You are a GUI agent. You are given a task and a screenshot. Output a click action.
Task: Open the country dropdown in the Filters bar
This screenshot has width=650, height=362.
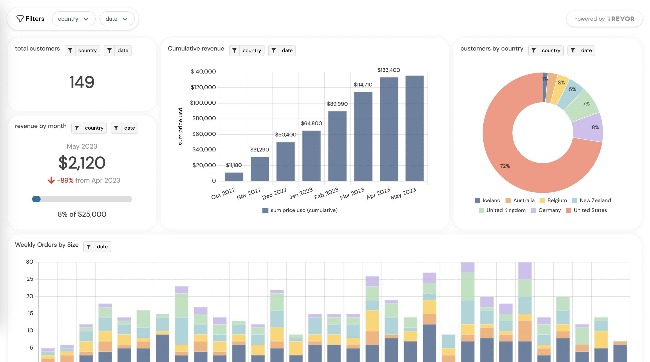pos(73,19)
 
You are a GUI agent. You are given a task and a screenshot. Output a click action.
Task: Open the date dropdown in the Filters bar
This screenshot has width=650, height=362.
pos(117,19)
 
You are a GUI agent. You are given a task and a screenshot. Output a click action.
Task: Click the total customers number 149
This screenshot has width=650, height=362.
pos(82,82)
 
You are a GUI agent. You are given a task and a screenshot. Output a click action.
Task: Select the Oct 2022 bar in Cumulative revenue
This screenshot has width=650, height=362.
pos(234,177)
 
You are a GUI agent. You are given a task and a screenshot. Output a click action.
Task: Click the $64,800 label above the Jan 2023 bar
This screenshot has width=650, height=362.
pos(311,123)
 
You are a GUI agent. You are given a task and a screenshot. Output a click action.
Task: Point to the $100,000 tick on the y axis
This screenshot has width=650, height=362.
pos(203,103)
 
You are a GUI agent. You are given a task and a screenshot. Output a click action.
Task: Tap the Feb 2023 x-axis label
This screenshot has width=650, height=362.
pos(326,193)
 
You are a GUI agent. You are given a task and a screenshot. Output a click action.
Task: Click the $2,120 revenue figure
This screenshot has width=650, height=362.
pos(82,163)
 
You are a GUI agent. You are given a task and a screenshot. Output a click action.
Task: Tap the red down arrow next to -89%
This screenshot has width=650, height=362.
pos(51,180)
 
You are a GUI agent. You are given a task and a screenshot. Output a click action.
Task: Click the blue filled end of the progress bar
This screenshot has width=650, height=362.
pos(36,199)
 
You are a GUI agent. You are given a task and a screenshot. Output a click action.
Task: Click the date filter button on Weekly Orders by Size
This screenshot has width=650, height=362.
pos(97,246)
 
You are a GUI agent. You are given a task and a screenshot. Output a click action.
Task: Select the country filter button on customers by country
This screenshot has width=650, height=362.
pos(546,50)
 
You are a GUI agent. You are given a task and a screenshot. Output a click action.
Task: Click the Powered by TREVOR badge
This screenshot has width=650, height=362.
pos(604,19)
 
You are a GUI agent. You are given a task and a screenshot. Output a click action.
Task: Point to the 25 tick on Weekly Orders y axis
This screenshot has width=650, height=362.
pos(30,279)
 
